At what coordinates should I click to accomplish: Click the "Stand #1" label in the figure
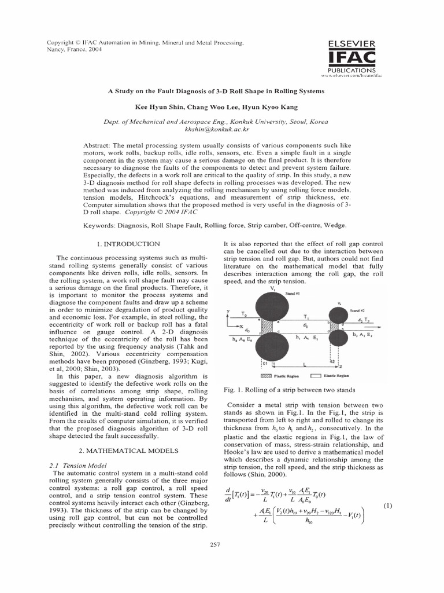click(294, 294)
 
